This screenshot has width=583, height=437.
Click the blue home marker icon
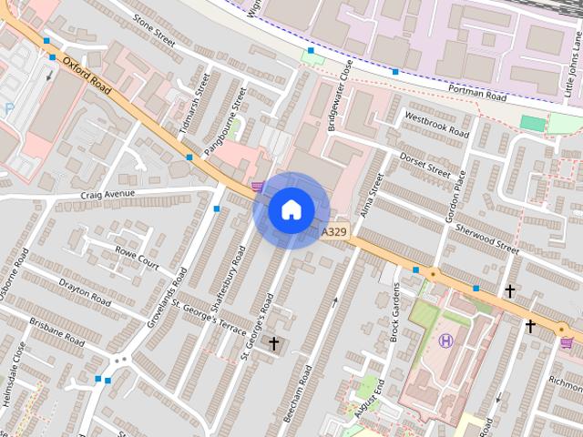[x=291, y=210]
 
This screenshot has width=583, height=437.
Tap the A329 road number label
[x=334, y=232]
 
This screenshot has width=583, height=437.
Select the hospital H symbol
[x=446, y=341]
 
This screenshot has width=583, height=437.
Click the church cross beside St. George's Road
[x=273, y=343]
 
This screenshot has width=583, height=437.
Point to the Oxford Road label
[x=87, y=77]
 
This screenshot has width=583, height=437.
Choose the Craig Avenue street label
[x=107, y=194]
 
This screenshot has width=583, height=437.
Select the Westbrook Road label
[x=436, y=127]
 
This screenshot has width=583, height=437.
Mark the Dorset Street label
[x=425, y=163]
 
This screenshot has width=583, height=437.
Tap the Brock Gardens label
[x=396, y=310]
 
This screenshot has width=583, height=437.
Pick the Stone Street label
[x=153, y=31]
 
